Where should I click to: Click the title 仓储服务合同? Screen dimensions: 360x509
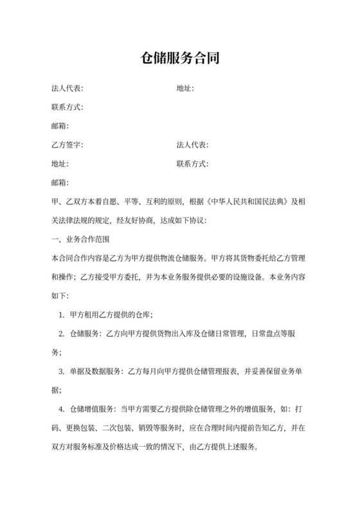[x=180, y=59]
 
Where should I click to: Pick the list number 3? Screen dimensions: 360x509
[x=60, y=371]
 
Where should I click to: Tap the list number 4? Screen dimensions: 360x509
[x=60, y=409]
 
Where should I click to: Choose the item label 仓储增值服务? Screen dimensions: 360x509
[x=89, y=409]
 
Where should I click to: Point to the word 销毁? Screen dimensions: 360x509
[x=146, y=428]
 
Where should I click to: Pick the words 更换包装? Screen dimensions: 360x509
[x=80, y=428]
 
